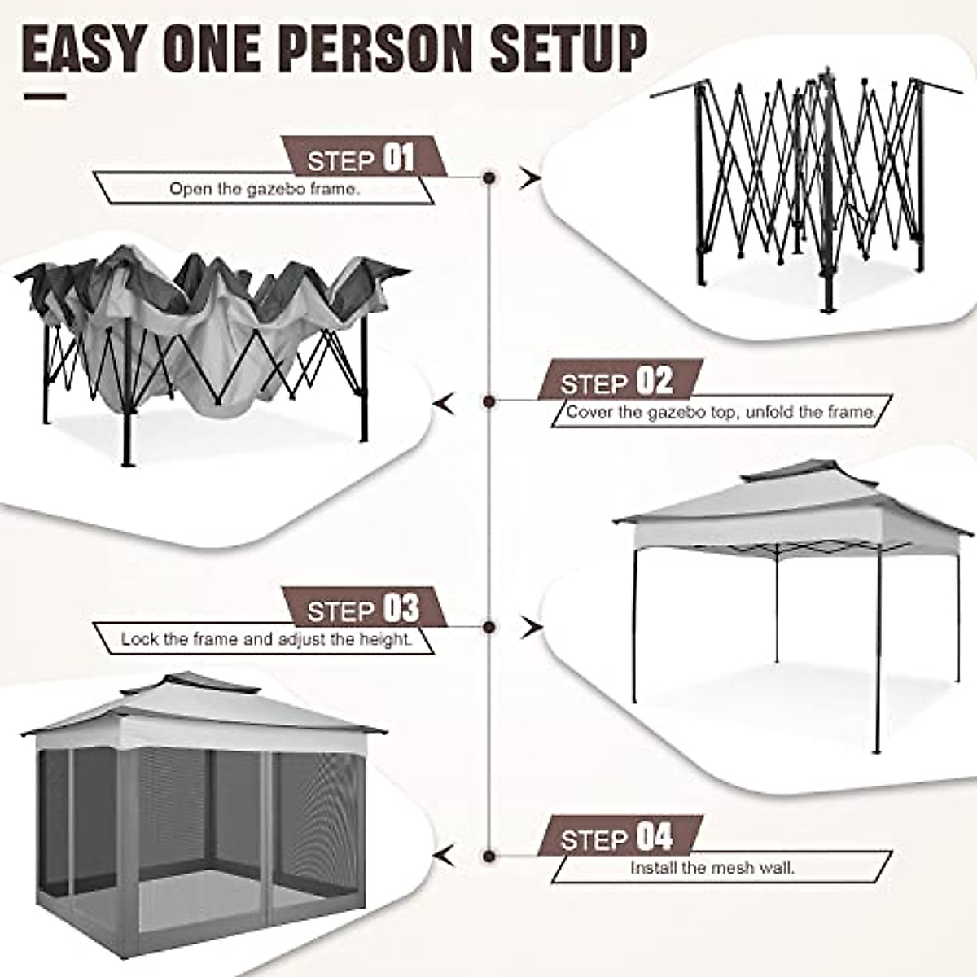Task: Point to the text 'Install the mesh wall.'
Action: (x=712, y=868)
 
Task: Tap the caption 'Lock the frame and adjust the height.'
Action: (x=267, y=639)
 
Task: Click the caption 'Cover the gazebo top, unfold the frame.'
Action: (x=720, y=412)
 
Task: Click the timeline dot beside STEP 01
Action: (x=489, y=177)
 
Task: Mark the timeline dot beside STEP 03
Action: (x=489, y=626)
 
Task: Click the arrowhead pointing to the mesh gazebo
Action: (x=444, y=856)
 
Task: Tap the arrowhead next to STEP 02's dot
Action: (x=444, y=402)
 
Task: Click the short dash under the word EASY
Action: (x=46, y=97)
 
